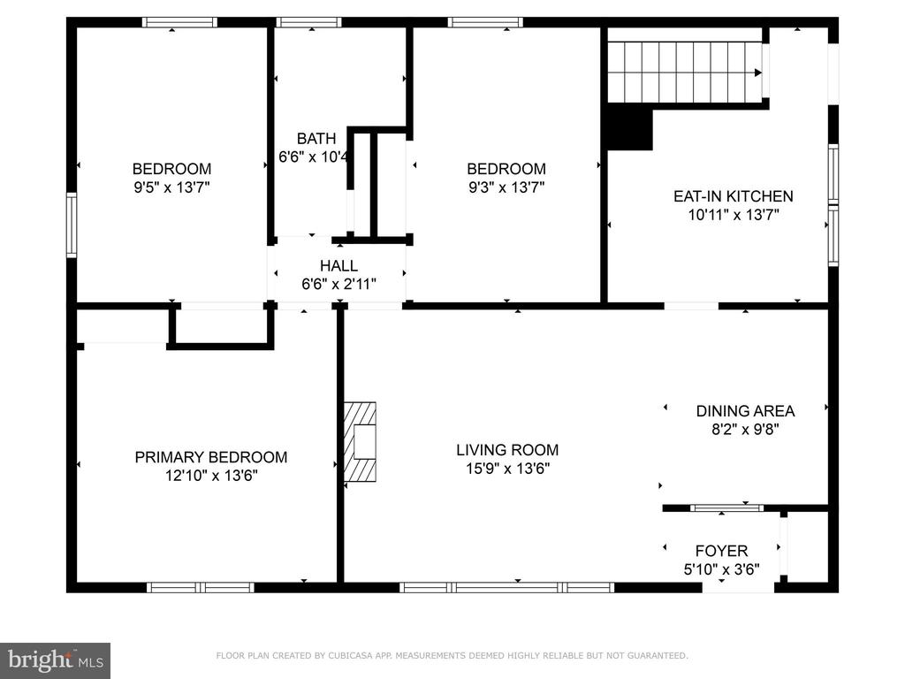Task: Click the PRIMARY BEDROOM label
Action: pyautogui.click(x=210, y=457)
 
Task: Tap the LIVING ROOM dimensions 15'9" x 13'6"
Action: pyautogui.click(x=508, y=469)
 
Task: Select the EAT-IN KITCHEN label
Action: pyautogui.click(x=733, y=196)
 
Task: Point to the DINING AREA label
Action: pyautogui.click(x=745, y=411)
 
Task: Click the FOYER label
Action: pyautogui.click(x=721, y=551)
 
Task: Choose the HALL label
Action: pyautogui.click(x=338, y=265)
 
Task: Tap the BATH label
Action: pyautogui.click(x=316, y=139)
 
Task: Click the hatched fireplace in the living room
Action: pyautogui.click(x=361, y=442)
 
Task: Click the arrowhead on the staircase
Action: pyautogui.click(x=757, y=72)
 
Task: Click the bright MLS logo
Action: pyautogui.click(x=56, y=660)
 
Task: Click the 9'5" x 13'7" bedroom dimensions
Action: pyautogui.click(x=171, y=187)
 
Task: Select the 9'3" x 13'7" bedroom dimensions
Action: pyautogui.click(x=506, y=187)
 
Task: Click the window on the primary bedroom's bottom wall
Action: pyautogui.click(x=201, y=587)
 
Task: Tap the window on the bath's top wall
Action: pyautogui.click(x=308, y=22)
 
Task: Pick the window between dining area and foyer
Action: pyautogui.click(x=726, y=508)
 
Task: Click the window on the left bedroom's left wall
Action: pyautogui.click(x=72, y=225)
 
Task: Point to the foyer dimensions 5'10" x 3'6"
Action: pyautogui.click(x=721, y=569)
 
